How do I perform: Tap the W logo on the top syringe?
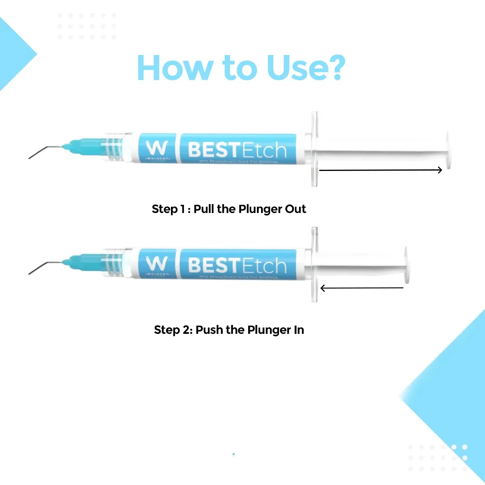click(x=157, y=149)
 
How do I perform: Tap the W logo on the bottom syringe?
click(x=157, y=264)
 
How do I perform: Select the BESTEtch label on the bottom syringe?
click(x=237, y=265)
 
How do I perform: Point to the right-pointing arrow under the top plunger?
click(x=380, y=170)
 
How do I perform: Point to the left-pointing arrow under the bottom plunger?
click(x=362, y=288)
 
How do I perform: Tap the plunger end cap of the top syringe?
click(x=448, y=150)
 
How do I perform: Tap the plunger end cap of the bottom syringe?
click(x=407, y=265)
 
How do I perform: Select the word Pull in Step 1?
click(x=204, y=209)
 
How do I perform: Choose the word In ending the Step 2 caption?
click(x=299, y=330)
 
